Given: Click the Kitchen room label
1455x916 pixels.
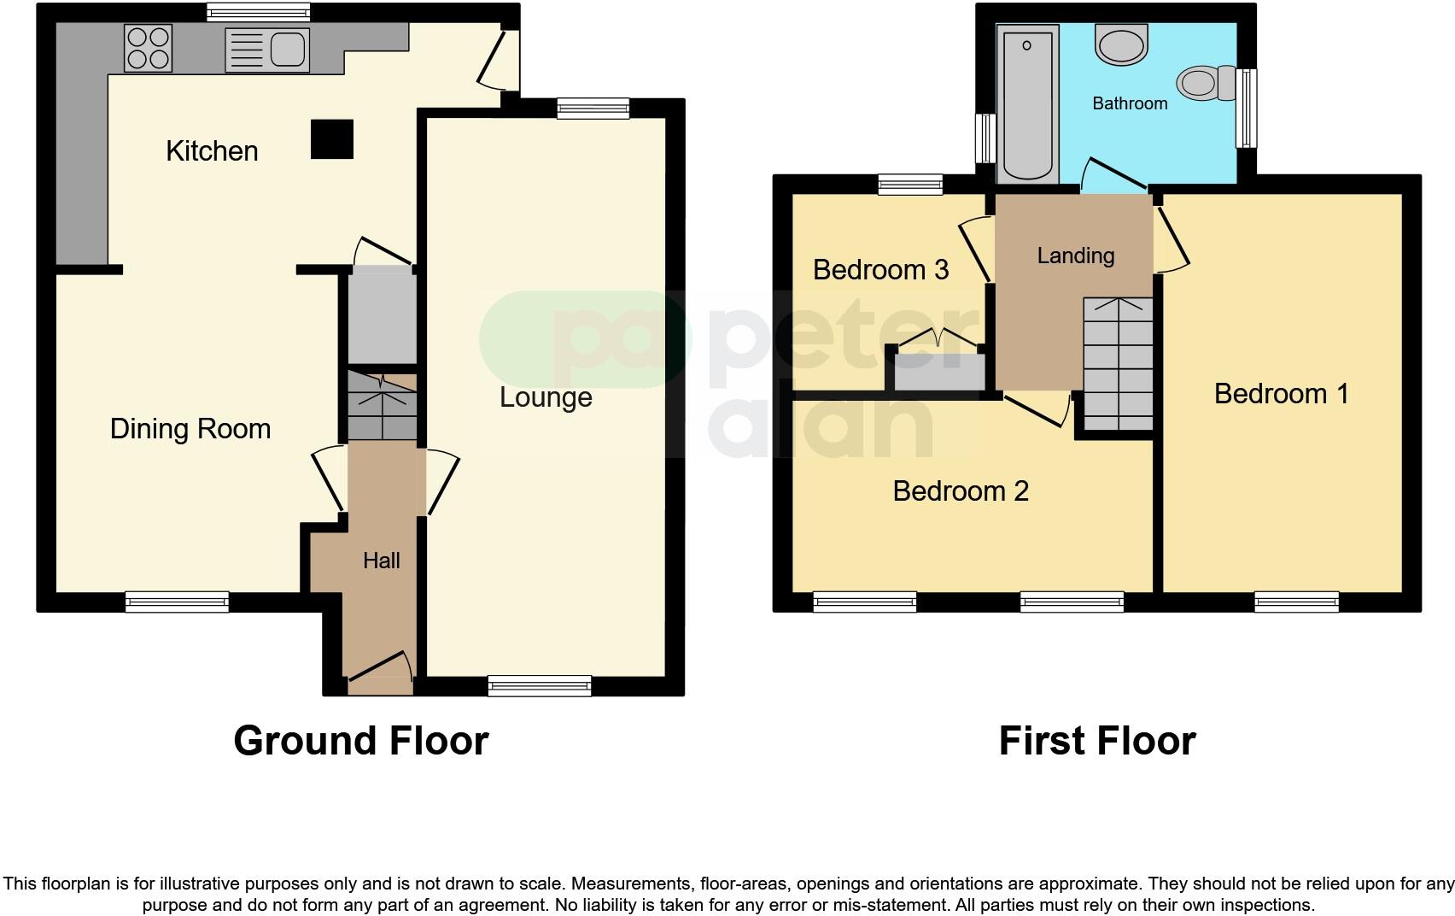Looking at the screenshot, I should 212,151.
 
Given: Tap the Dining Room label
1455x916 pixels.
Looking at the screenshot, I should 190,428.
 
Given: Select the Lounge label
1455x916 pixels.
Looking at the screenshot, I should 546,397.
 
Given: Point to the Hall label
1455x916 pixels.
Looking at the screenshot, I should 381,561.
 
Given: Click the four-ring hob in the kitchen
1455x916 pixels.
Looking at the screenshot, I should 149,47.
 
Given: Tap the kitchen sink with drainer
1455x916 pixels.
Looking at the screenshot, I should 266,49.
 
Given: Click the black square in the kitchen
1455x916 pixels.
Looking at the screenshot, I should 331,138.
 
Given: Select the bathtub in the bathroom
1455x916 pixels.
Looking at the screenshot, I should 1027,103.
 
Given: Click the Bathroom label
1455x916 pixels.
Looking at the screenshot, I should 1130,103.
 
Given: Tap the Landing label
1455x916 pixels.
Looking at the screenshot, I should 1076,255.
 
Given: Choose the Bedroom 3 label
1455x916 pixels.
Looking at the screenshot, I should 880,270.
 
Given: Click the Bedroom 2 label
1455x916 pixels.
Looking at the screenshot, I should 961,491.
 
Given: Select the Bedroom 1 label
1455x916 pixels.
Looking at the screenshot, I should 1281,394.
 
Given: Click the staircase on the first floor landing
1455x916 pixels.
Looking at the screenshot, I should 1119,363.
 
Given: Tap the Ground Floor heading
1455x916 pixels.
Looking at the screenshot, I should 361,741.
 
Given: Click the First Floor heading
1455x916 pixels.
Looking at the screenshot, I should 1097,741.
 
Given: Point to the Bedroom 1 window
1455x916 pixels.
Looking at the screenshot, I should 1296,602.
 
